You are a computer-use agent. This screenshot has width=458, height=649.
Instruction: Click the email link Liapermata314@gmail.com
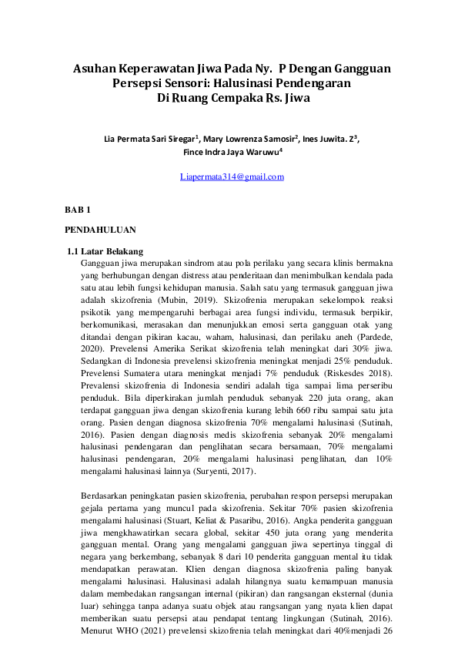coord(232,177)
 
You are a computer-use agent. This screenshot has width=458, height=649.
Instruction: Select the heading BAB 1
coord(78,210)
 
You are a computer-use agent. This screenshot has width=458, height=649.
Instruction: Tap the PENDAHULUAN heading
coord(101,230)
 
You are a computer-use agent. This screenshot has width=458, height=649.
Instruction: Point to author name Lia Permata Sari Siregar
coord(149,140)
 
